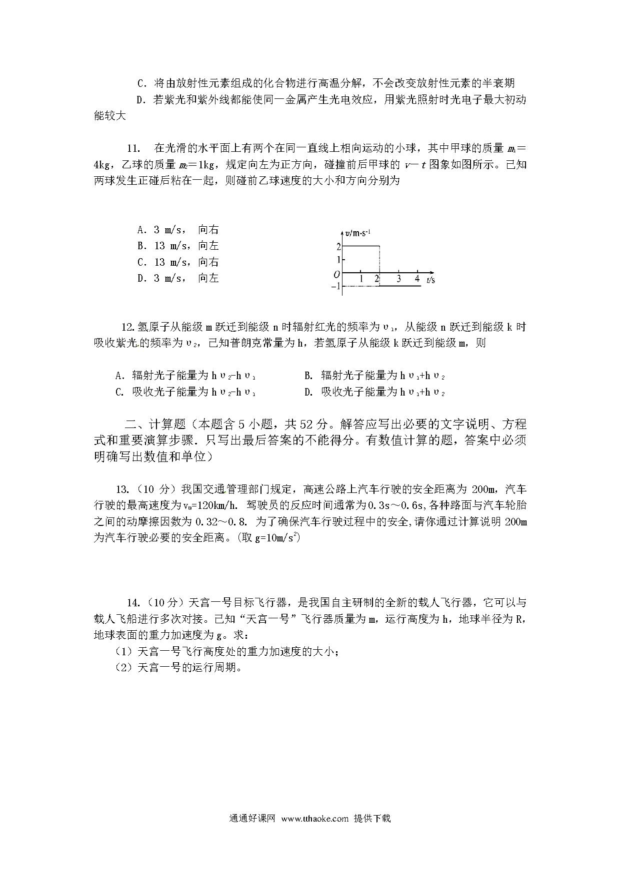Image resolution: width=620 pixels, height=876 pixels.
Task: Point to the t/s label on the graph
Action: [430, 280]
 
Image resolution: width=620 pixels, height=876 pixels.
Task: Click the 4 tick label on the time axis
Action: [417, 279]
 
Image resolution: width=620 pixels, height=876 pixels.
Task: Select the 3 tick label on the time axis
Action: [398, 279]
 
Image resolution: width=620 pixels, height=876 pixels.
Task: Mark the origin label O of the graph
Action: [337, 274]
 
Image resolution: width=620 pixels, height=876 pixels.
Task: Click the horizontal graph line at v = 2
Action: [361, 246]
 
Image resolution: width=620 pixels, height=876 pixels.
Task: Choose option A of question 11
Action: [178, 230]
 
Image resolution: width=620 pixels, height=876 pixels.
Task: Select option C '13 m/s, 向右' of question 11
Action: [178, 262]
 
